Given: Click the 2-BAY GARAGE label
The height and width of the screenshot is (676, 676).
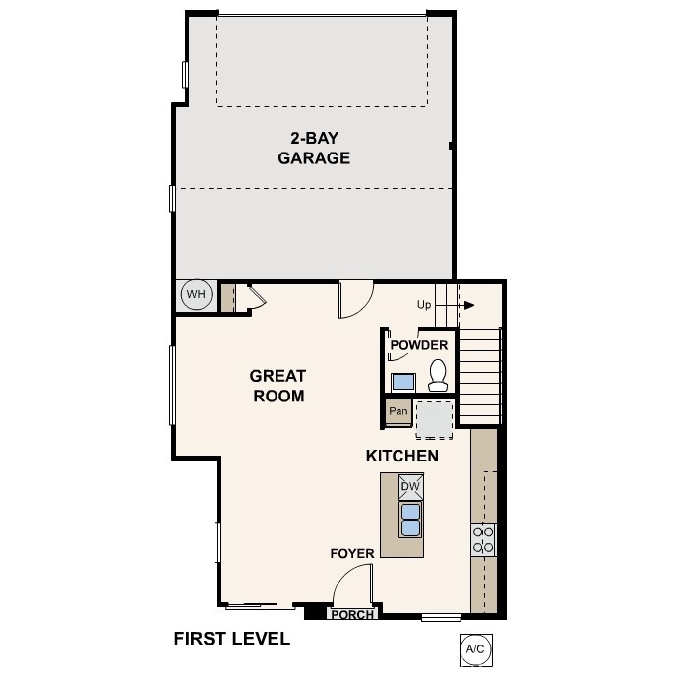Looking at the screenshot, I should tap(314, 148).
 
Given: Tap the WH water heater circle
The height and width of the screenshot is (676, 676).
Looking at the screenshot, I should tap(196, 295).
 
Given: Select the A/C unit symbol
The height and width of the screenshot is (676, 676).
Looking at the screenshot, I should tap(475, 649).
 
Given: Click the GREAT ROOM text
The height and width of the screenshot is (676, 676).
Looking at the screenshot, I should tap(277, 386).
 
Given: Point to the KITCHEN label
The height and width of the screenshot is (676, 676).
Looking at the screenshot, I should tap(401, 457).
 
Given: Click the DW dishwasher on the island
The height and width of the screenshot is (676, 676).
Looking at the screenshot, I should tap(410, 487).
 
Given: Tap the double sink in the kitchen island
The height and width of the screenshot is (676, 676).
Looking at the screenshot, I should tap(410, 520).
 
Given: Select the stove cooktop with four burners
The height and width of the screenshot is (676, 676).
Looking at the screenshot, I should tap(483, 539).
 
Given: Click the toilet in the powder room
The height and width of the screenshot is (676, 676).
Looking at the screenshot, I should tap(439, 373).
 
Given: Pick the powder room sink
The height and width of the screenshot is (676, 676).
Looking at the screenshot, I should tap(403, 382).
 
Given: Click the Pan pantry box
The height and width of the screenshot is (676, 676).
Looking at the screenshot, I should tap(398, 411).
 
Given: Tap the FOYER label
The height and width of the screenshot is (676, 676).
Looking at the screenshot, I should tap(351, 554).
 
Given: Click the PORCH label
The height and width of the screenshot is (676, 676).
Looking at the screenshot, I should tap(351, 615).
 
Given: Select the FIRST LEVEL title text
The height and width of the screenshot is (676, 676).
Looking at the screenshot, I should tap(232, 639).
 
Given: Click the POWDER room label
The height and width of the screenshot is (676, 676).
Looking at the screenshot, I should tap(419, 345).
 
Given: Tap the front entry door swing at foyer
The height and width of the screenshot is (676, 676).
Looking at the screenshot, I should tap(349, 589).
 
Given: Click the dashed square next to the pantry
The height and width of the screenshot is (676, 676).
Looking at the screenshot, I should tap(434, 418).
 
